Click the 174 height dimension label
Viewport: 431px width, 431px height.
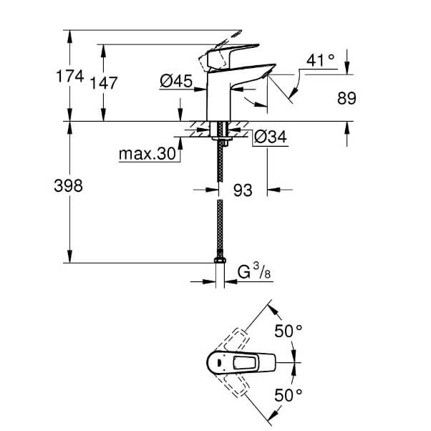point(70,76)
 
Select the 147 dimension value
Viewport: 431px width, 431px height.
point(104,83)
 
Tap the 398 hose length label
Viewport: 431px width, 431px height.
point(69,186)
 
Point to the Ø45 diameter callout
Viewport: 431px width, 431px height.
point(176,82)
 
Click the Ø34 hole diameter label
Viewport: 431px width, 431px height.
point(270,137)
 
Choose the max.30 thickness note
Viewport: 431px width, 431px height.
point(147,154)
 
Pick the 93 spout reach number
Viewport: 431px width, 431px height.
point(243,190)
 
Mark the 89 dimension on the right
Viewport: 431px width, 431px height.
point(347,98)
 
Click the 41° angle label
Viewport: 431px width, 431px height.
point(321,60)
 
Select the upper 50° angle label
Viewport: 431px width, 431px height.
point(289,331)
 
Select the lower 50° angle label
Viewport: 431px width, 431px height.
point(289,395)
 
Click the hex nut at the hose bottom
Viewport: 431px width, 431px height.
point(220,260)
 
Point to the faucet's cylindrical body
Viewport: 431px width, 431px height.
point(218,96)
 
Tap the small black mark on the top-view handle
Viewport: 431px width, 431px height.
point(219,363)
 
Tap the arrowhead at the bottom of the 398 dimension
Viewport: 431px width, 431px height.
point(70,257)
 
